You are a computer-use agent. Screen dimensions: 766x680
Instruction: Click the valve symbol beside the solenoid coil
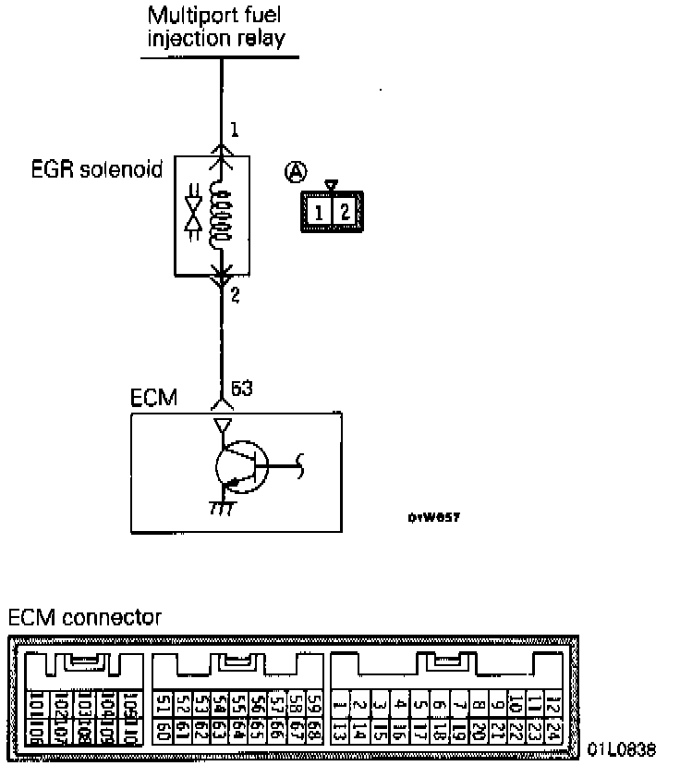coord(193,215)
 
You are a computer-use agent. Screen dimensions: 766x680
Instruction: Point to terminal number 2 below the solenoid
coord(235,296)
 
